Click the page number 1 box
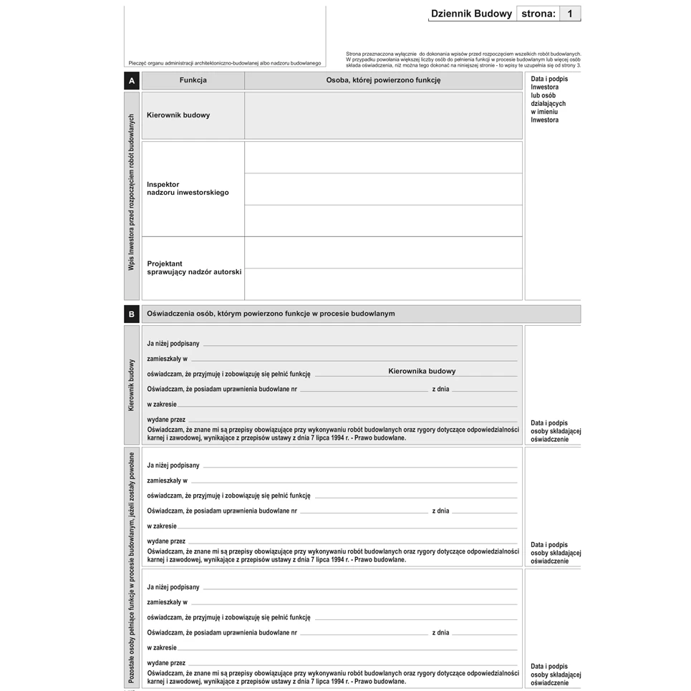570,14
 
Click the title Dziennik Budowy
471,14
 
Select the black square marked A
132,81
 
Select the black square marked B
132,314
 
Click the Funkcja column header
193,80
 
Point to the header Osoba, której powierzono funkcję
383,80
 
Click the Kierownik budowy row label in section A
178,115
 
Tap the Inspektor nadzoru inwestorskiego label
188,188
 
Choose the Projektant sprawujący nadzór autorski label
194,268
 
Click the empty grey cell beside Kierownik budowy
383,115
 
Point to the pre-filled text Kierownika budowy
422,371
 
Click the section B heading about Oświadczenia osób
271,314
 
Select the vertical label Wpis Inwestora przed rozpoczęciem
132,192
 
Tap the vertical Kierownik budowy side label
132,385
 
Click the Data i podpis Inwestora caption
549,100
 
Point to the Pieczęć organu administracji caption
225,63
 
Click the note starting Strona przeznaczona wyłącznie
463,59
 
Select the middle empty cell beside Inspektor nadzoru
383,189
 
